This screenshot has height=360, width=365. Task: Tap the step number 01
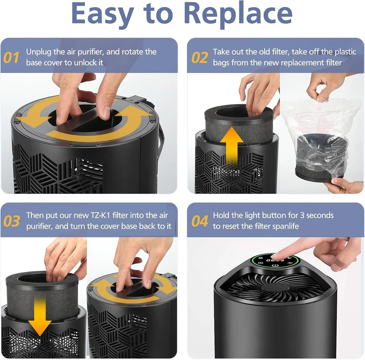[x=11, y=58]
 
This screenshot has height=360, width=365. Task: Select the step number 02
[x=200, y=58]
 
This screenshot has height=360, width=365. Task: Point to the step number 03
[x=11, y=221]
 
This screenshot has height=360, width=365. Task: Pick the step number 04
[x=200, y=221]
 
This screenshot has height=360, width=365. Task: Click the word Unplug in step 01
[x=39, y=52]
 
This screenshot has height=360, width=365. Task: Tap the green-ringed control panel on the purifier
[x=275, y=262]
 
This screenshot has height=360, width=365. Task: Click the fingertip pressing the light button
[x=276, y=256]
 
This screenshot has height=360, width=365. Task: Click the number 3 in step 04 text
[x=302, y=215]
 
